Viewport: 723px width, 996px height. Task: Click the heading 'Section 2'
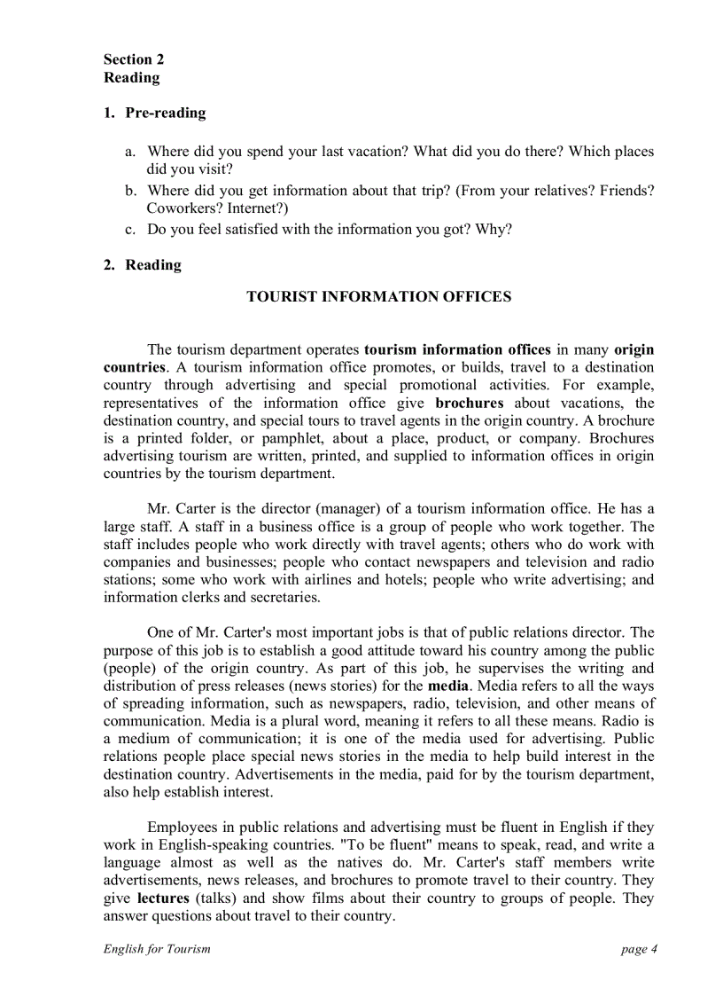[133, 59]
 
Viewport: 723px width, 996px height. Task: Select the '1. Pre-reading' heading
[154, 113]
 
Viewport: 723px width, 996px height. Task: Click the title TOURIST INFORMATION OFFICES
[378, 297]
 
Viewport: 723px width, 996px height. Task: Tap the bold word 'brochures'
[470, 403]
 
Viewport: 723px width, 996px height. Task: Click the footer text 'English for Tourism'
[157, 949]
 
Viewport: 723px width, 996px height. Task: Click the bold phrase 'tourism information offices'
[457, 349]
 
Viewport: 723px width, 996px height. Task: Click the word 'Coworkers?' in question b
[183, 208]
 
